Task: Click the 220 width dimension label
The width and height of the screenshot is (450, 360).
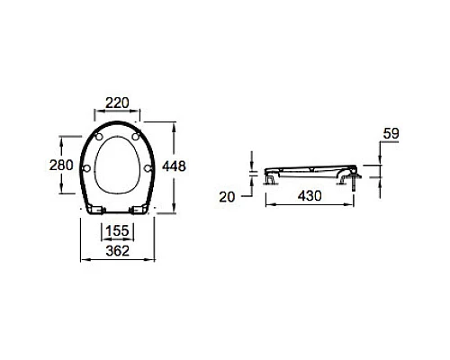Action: point(119,103)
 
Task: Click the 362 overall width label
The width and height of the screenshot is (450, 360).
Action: point(120,249)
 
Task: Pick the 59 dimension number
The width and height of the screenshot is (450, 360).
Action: point(390,135)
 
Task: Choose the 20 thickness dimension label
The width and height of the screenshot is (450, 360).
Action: point(229,195)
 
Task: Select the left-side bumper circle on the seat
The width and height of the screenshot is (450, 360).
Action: point(86,167)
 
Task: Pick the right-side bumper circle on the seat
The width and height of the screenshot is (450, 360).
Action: point(149,167)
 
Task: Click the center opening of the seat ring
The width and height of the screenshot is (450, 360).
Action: point(118,167)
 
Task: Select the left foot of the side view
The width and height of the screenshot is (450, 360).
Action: point(270,179)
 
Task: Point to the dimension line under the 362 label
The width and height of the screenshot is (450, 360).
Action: point(120,259)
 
